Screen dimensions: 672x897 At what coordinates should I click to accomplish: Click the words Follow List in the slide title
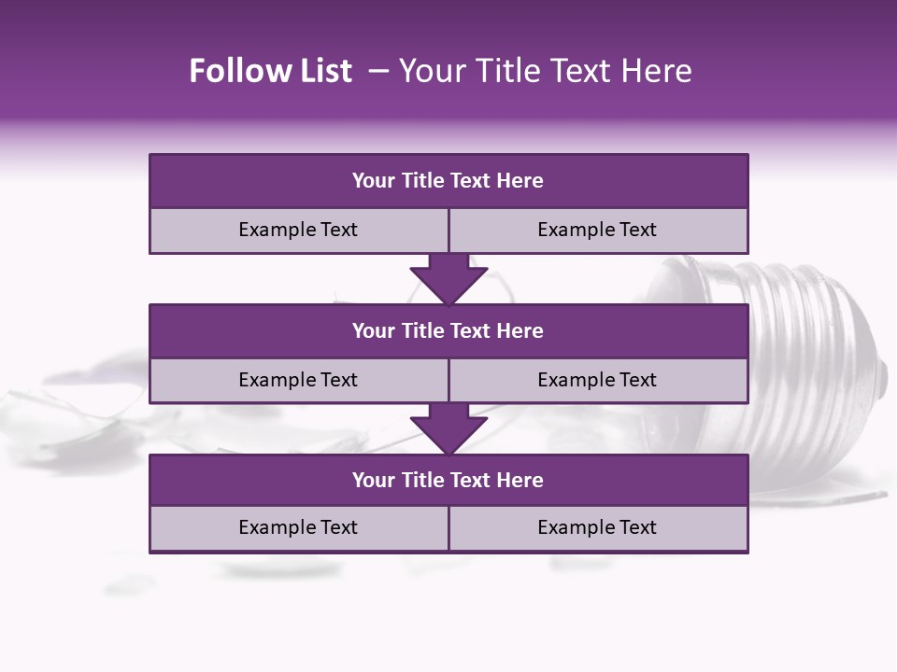270,71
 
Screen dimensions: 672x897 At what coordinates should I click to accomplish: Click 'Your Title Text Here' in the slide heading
545,71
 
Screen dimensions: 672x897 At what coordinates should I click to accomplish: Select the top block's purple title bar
448,181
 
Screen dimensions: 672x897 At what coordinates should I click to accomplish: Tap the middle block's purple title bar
448,330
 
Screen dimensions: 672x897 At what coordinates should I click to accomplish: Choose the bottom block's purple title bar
448,480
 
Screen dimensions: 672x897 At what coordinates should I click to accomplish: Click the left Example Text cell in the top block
298,230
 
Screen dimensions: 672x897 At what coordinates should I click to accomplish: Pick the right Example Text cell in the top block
597,230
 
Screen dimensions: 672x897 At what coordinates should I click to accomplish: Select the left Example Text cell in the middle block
298,380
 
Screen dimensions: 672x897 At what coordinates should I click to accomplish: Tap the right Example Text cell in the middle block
597,380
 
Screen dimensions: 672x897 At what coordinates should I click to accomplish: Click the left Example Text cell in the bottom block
298,527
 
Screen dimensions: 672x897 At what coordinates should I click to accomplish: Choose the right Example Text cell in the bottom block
597,527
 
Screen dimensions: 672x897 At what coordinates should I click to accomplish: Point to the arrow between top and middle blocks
448,278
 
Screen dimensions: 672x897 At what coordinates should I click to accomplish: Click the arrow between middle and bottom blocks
448,428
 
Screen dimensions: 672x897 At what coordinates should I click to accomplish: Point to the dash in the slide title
378,71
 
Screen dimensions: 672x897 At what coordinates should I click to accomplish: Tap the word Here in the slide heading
659,71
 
